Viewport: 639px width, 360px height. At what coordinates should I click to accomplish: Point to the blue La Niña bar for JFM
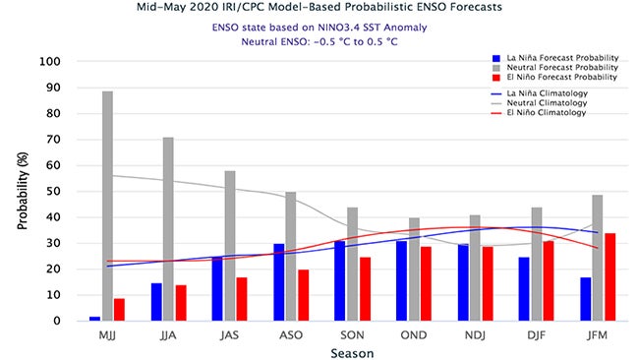[587, 298]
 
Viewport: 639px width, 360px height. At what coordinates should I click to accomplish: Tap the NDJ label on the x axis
[475, 334]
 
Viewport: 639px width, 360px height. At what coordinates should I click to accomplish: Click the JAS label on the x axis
[229, 334]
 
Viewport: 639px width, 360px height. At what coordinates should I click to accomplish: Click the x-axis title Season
[352, 350]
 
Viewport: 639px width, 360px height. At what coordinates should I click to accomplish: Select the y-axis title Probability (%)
[22, 191]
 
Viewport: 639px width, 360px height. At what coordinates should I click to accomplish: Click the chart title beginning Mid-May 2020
[320, 8]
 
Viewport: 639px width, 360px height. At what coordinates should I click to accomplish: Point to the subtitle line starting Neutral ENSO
[320, 42]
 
